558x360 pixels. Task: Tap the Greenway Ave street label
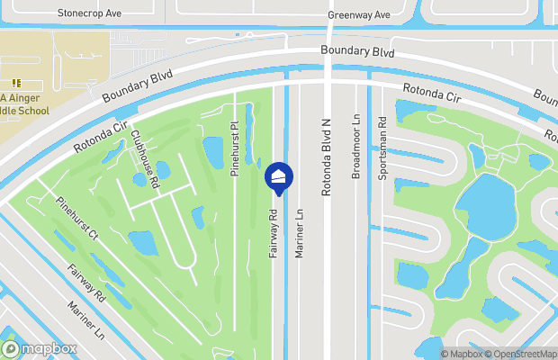click(359, 15)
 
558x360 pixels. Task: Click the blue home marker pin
click(278, 176)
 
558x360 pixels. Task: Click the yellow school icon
click(16, 83)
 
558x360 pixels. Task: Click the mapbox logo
click(40, 348)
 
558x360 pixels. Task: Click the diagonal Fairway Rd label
click(86, 282)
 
